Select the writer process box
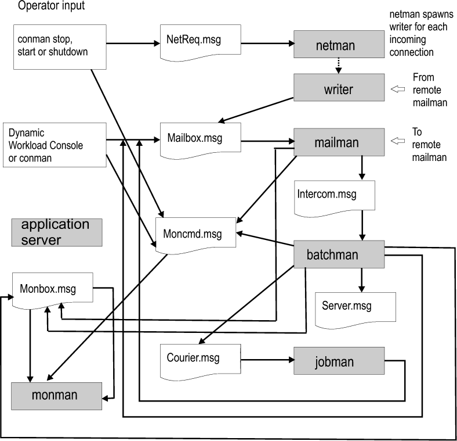pos(339,90)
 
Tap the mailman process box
pos(339,141)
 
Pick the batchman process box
pos(339,254)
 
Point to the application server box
pos(56,232)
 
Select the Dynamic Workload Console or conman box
pos(55,144)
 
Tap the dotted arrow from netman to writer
pos(339,66)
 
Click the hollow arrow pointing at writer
pos(398,89)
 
